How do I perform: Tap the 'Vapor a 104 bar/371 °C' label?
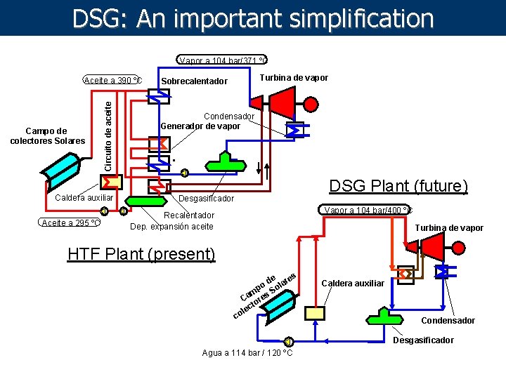click(x=222, y=60)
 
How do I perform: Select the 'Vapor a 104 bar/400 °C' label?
click(x=368, y=210)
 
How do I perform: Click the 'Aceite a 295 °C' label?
click(x=69, y=222)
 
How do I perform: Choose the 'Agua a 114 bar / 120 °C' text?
click(x=247, y=352)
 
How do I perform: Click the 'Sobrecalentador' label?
click(x=195, y=81)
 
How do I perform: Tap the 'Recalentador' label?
click(x=189, y=215)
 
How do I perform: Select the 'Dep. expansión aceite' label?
click(x=171, y=226)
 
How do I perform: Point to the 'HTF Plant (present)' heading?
click(x=141, y=254)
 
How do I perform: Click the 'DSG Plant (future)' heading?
click(x=398, y=186)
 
